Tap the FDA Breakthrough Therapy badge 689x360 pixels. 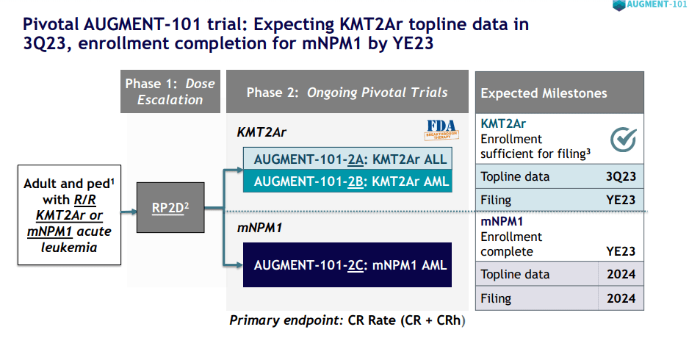(441, 129)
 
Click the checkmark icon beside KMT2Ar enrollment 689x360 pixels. (623, 138)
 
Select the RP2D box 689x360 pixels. (170, 208)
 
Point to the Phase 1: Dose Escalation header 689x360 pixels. (170, 91)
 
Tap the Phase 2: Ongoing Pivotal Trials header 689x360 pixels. (347, 93)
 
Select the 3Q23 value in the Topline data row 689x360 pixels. (621, 176)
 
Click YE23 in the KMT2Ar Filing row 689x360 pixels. (621, 200)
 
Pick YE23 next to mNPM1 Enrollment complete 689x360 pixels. (621, 251)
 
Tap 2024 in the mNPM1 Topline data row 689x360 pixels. (621, 275)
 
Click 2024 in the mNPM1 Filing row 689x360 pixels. (621, 299)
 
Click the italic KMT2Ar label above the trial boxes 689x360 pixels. (261, 132)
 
